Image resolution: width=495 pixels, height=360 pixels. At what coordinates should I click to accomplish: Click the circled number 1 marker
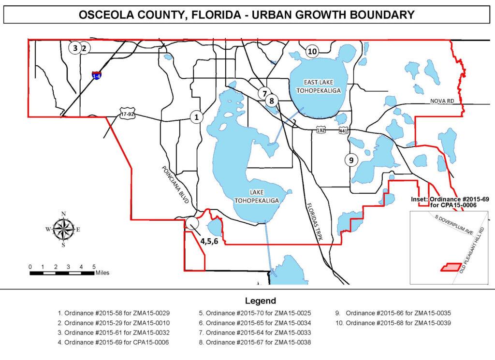[196, 117]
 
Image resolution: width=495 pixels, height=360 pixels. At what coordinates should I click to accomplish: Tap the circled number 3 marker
[75, 48]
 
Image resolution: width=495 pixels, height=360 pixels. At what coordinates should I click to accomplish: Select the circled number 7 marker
[264, 93]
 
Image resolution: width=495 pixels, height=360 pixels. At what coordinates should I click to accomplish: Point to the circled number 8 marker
[272, 101]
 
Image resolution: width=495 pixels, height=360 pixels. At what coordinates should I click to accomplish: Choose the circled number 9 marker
[351, 159]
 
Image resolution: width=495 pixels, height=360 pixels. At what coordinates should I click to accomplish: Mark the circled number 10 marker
[312, 51]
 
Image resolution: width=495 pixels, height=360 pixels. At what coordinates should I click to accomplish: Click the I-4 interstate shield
[97, 75]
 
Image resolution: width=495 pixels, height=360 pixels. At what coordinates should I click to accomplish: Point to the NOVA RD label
[441, 101]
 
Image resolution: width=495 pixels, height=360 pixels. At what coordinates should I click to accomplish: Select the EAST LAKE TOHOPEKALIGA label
[319, 86]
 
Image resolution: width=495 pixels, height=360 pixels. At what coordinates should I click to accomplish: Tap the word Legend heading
[260, 301]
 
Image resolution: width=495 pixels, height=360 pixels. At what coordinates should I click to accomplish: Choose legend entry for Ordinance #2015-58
[116, 313]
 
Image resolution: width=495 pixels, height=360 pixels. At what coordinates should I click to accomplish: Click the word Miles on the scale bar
[102, 273]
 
